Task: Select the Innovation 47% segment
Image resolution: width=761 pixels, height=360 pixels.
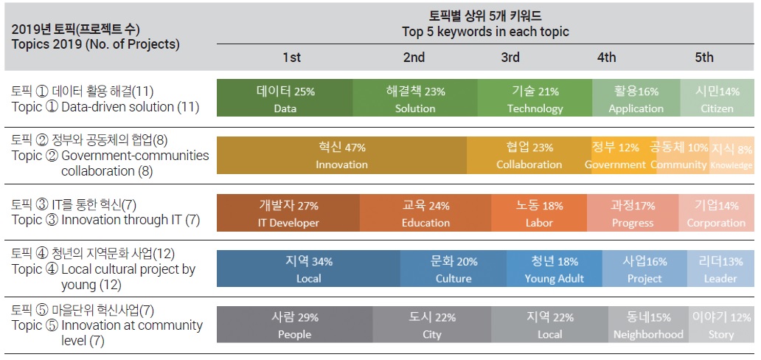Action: pyautogui.click(x=341, y=156)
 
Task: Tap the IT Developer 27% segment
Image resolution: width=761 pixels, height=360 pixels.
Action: pyautogui.click(x=288, y=214)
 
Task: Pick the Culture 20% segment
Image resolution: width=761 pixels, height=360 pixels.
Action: pyautogui.click(x=454, y=269)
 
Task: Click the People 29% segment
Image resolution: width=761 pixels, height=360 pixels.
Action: pyautogui.click(x=294, y=325)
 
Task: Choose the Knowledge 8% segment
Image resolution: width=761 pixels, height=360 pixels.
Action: pyautogui.click(x=732, y=156)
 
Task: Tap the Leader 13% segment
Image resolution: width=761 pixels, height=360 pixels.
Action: pyautogui.click(x=720, y=269)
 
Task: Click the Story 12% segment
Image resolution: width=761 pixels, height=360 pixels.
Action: pyautogui.click(x=720, y=325)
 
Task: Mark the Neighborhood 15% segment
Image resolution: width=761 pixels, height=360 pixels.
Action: pyautogui.click(x=648, y=325)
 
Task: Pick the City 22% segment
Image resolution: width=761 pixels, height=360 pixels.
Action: pyautogui.click(x=432, y=325)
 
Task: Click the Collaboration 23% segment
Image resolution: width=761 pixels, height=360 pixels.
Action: pyautogui.click(x=529, y=156)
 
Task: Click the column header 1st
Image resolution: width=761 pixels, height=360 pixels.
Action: pyautogui.click(x=291, y=58)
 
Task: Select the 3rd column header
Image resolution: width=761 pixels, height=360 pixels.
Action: pyautogui.click(x=510, y=58)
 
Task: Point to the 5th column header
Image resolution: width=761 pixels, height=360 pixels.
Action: pyautogui.click(x=704, y=58)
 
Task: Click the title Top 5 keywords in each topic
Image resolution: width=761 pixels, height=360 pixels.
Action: pyautogui.click(x=485, y=32)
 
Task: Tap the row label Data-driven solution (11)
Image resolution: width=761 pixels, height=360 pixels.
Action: pyautogui.click(x=105, y=107)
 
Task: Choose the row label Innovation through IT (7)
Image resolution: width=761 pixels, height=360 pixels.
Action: pyautogui.click(x=105, y=219)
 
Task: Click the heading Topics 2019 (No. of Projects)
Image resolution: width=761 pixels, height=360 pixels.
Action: pyautogui.click(x=96, y=44)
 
